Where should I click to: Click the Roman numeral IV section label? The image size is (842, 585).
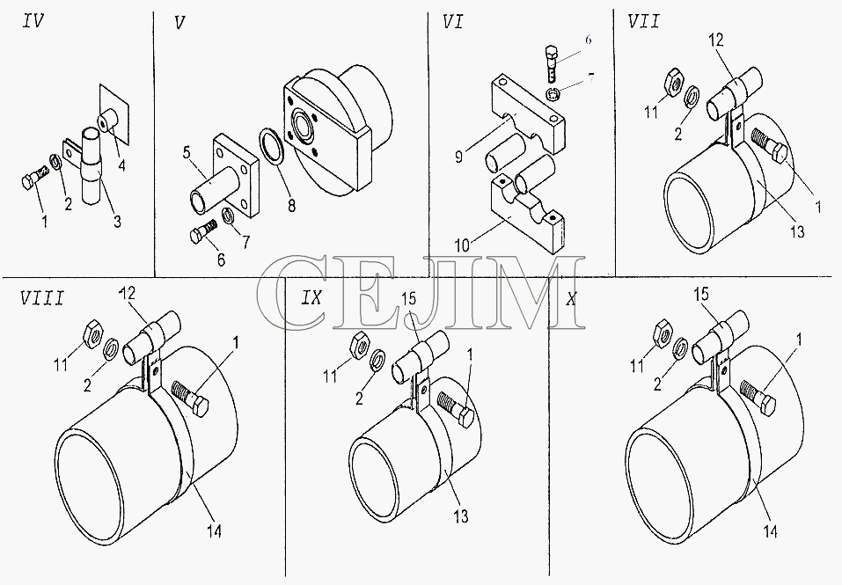pos(33,21)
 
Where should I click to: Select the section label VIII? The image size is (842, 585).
pos(42,298)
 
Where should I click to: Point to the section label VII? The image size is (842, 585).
pos(643,21)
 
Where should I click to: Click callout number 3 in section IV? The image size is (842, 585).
pos(117,221)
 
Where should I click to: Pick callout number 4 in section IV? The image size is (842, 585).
pos(122,165)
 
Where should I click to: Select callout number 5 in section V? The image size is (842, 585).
pos(187,152)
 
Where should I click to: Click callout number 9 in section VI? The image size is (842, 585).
pos(459,157)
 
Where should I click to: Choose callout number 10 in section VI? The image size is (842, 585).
pos(462,245)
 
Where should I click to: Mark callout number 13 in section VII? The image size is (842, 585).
pos(798,231)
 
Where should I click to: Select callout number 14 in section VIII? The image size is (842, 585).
pos(214,530)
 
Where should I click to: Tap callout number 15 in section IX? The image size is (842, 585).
pos(409,299)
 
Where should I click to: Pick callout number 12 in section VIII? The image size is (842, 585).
pos(127,293)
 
